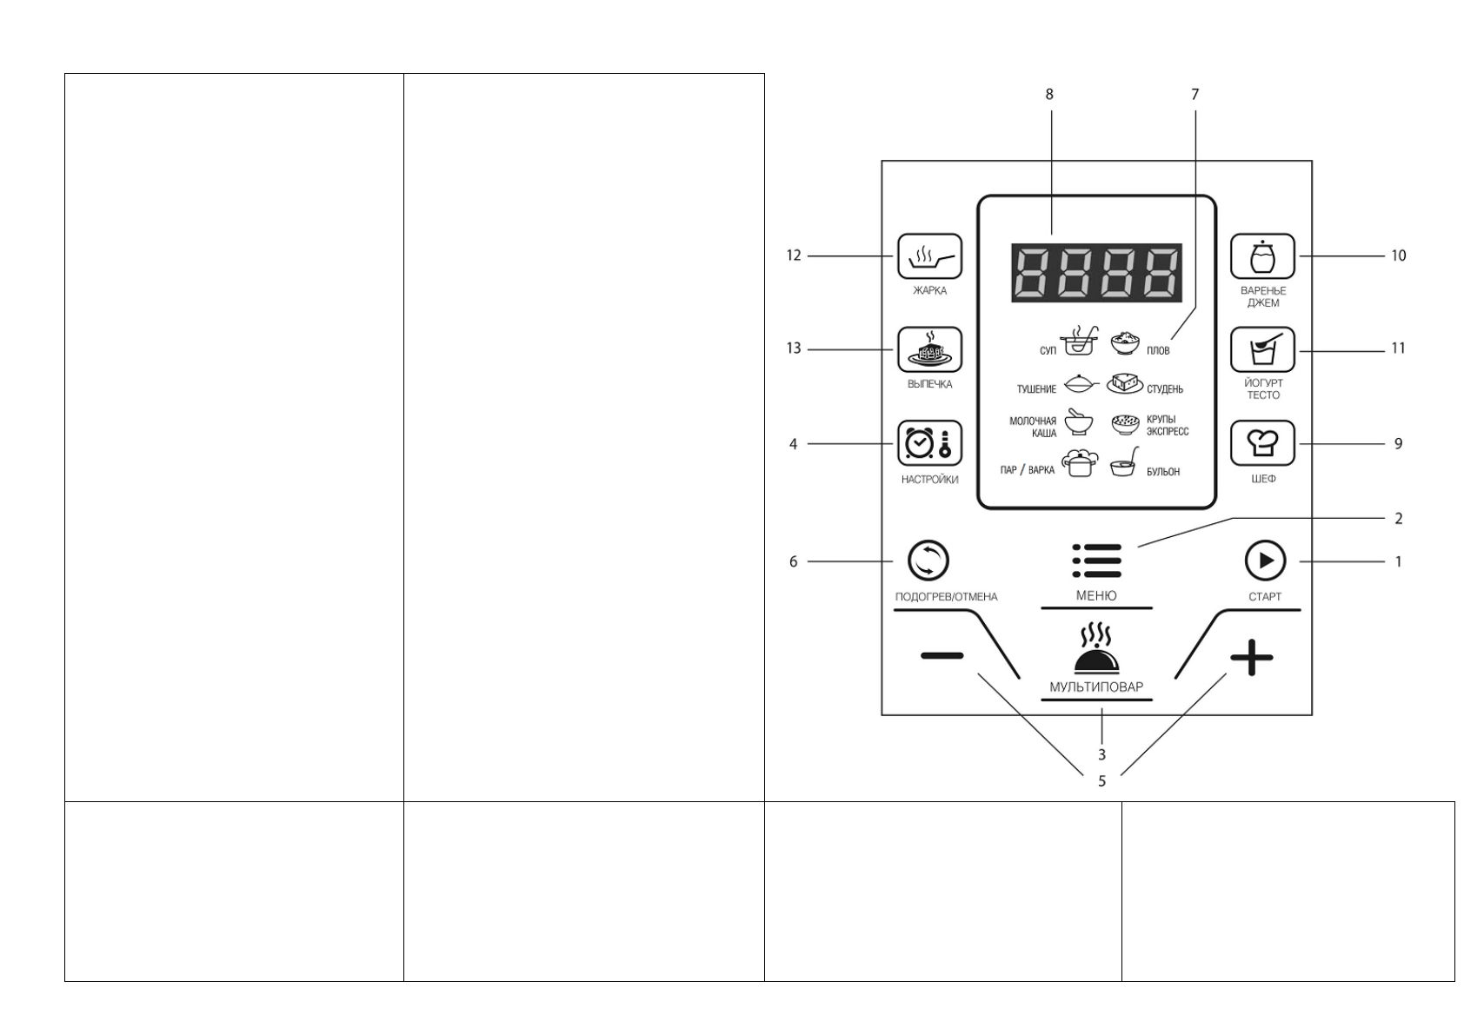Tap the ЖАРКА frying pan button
pyautogui.click(x=929, y=256)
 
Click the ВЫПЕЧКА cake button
pyautogui.click(x=929, y=349)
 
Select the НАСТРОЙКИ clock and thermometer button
pyautogui.click(x=929, y=443)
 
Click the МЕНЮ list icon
pyautogui.click(x=1096, y=561)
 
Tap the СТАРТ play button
pyautogui.click(x=1265, y=561)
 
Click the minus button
pyautogui.click(x=942, y=656)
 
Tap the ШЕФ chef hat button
pyautogui.click(x=1262, y=443)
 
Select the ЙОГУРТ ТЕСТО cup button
pyautogui.click(x=1262, y=349)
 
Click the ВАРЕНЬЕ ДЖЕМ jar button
pyautogui.click(x=1262, y=256)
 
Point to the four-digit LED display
pyautogui.click(x=1096, y=273)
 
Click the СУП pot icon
pyautogui.click(x=1078, y=342)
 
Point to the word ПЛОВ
pyautogui.click(x=1158, y=351)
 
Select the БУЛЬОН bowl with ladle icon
pyautogui.click(x=1125, y=465)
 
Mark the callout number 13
pyautogui.click(x=794, y=349)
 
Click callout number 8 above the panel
pyautogui.click(x=1049, y=94)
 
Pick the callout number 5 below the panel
pyautogui.click(x=1101, y=781)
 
